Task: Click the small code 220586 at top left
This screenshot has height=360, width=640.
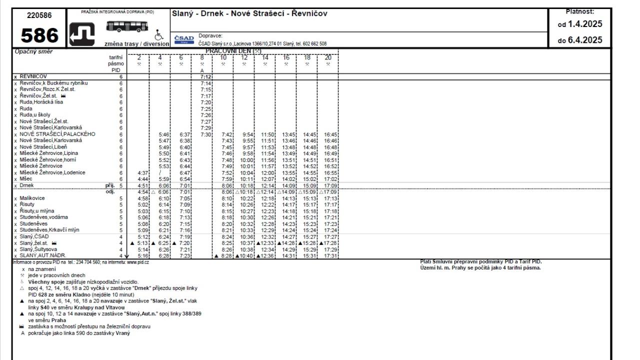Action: pos(38,15)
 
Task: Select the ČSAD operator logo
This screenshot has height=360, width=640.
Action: pos(183,39)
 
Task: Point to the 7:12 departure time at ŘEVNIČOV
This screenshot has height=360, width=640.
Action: pos(205,77)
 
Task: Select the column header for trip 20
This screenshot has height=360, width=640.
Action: pos(328,58)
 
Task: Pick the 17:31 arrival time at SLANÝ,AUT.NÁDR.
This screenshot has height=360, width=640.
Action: pos(330,256)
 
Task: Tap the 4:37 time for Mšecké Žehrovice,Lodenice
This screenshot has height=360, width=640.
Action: pos(143,172)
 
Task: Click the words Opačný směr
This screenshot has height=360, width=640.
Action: pos(34,51)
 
